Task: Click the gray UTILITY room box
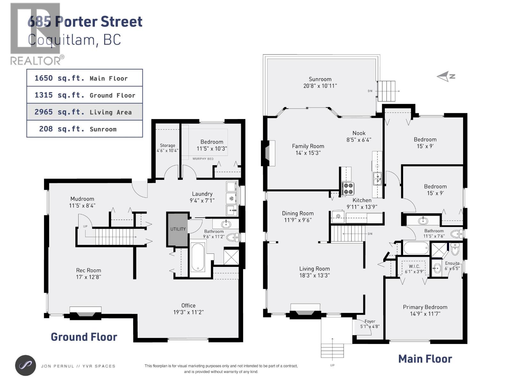click(x=178, y=229)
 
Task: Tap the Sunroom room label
click(x=320, y=79)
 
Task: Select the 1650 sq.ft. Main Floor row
click(x=84, y=78)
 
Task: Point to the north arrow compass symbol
click(x=446, y=76)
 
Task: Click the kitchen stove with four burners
click(x=348, y=188)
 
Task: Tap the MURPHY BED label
click(x=203, y=159)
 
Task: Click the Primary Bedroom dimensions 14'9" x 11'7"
click(x=425, y=314)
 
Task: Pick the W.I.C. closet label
click(x=414, y=266)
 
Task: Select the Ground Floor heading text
click(x=84, y=337)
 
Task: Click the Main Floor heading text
click(x=425, y=359)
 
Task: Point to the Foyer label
click(x=370, y=321)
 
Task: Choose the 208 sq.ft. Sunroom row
click(x=84, y=129)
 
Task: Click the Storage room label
click(x=167, y=145)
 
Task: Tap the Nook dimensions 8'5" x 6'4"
click(x=359, y=140)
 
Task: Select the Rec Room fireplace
click(x=85, y=313)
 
